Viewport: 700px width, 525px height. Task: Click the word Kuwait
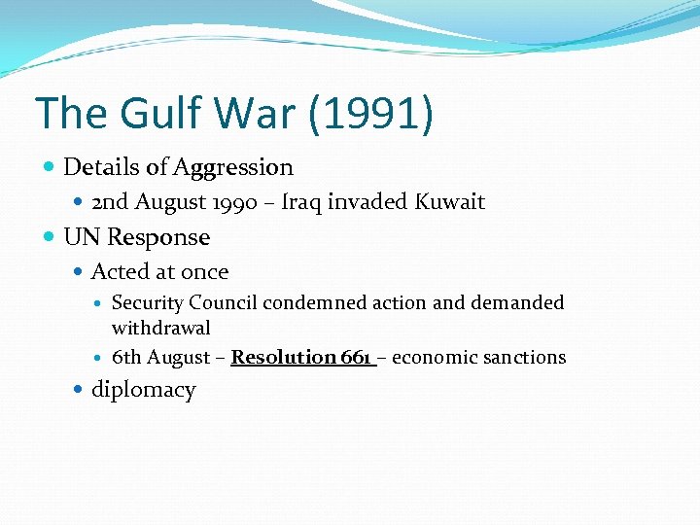[x=450, y=202]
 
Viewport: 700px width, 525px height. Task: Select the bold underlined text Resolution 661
[x=302, y=357]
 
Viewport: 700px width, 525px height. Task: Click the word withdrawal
[x=160, y=328]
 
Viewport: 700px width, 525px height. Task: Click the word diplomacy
[x=143, y=390]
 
